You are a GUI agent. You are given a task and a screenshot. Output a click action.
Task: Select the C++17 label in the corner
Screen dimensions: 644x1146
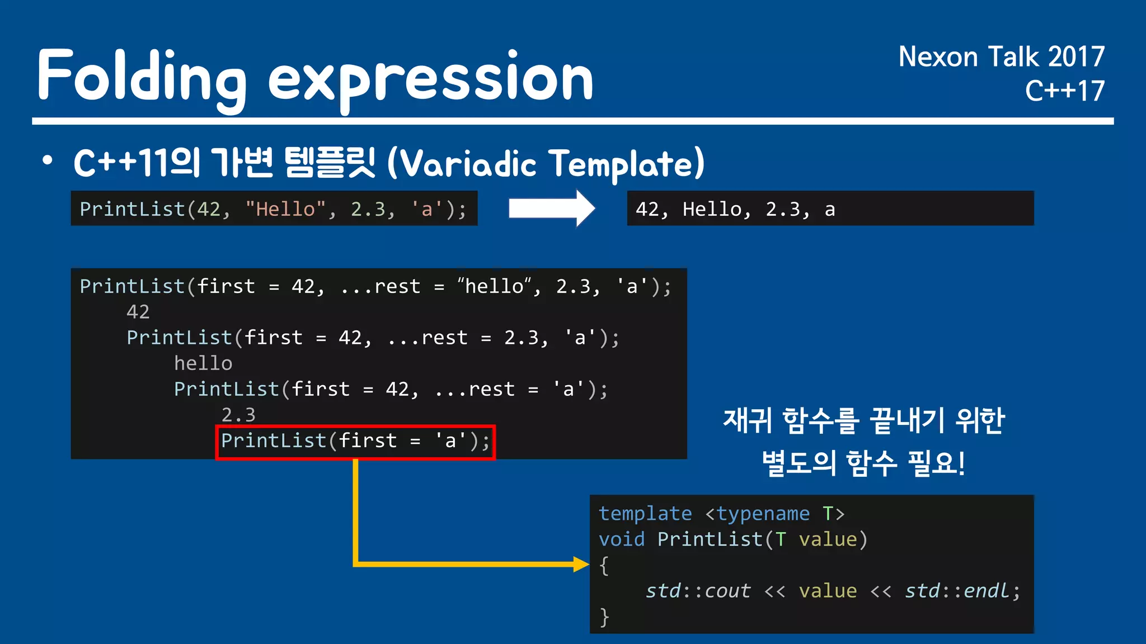[x=1064, y=91]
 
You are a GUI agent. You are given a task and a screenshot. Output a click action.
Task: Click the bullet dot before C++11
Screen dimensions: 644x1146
[x=48, y=161]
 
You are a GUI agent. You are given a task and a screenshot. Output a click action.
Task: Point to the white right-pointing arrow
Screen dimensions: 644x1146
[x=551, y=209]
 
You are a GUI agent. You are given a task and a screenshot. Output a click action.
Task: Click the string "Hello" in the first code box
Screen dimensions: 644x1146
[x=285, y=209]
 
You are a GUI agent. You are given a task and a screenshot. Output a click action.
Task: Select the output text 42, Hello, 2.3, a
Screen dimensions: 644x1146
[x=735, y=209]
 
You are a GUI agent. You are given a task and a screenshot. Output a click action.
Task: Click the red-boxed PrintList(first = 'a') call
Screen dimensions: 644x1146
[x=355, y=441]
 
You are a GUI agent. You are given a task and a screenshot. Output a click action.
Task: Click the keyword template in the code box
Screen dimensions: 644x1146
[x=645, y=513]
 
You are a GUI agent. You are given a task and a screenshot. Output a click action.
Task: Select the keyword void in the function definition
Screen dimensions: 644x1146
[x=621, y=539]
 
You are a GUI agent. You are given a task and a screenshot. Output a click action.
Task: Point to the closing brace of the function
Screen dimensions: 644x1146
[x=604, y=617]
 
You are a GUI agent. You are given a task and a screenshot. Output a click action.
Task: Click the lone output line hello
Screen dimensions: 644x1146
[x=203, y=363]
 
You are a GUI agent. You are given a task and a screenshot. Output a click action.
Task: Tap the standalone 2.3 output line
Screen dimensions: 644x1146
[x=238, y=415]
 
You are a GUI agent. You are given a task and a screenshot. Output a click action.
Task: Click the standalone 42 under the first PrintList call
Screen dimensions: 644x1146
[x=138, y=312]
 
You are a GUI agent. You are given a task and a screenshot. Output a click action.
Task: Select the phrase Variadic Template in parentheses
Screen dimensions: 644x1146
[x=546, y=164]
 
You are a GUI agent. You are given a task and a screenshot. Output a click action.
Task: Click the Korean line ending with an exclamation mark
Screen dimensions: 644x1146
[x=863, y=463]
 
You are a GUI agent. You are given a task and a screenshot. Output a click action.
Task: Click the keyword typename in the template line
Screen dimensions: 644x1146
[x=763, y=513]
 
